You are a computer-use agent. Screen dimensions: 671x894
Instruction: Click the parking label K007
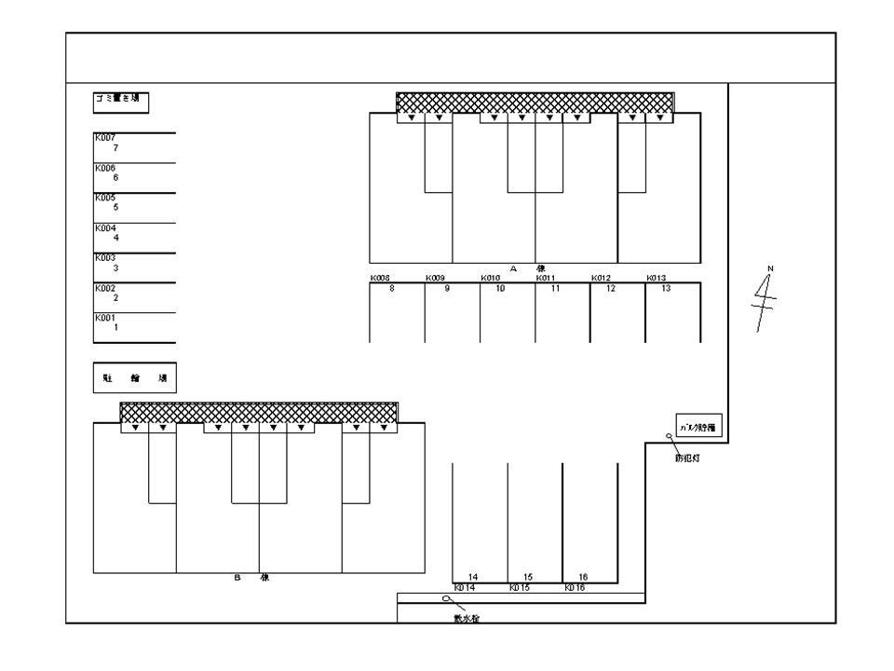pos(103,138)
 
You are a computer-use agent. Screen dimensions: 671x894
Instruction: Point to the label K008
pos(380,278)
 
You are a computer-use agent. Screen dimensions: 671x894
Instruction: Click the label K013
pos(656,278)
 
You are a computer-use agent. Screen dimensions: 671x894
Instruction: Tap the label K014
pos(465,588)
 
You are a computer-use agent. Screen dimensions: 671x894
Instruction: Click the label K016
pos(575,588)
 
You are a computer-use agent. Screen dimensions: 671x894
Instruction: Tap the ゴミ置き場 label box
pos(121,101)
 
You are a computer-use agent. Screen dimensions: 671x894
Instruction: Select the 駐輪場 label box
pos(134,378)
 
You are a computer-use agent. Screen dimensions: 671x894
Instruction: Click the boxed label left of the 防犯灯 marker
pos(698,428)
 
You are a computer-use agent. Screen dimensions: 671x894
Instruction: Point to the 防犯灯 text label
pos(687,457)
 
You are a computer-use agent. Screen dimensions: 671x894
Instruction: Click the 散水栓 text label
pos(466,618)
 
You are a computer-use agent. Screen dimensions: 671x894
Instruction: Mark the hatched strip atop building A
pos(535,103)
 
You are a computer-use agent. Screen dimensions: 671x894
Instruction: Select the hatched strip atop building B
pos(259,412)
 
